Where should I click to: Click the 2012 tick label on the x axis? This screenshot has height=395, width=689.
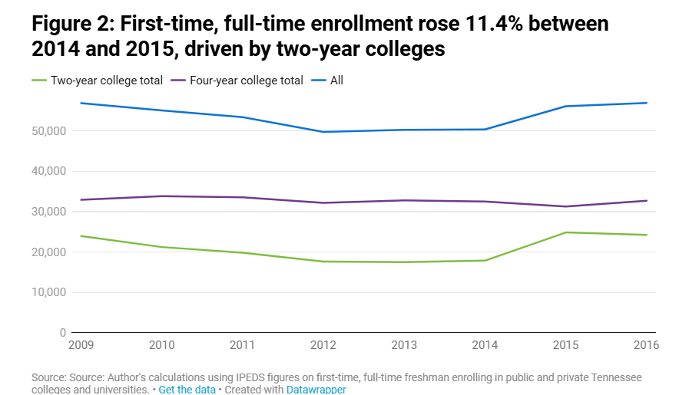click(324, 345)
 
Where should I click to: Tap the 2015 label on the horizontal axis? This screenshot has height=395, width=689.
click(567, 345)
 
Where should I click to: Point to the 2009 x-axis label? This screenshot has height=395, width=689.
click(82, 345)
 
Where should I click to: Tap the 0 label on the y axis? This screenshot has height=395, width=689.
click(63, 333)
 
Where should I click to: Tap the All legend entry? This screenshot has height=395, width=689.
click(336, 81)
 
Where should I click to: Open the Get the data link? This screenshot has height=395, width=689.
click(187, 390)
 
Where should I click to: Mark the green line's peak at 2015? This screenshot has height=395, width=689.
click(566, 232)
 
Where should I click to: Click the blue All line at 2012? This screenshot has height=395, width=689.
click(324, 132)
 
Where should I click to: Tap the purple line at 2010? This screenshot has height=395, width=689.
click(162, 196)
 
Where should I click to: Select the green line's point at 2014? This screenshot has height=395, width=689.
click(485, 260)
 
